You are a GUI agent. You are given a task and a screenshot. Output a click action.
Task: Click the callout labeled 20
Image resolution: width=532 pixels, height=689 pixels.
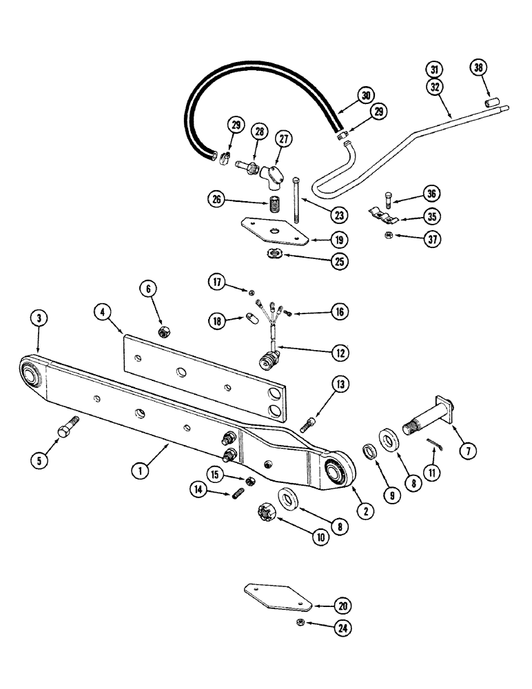point(343,606)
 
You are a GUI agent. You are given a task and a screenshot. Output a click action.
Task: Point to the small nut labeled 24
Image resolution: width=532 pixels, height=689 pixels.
point(301,623)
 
